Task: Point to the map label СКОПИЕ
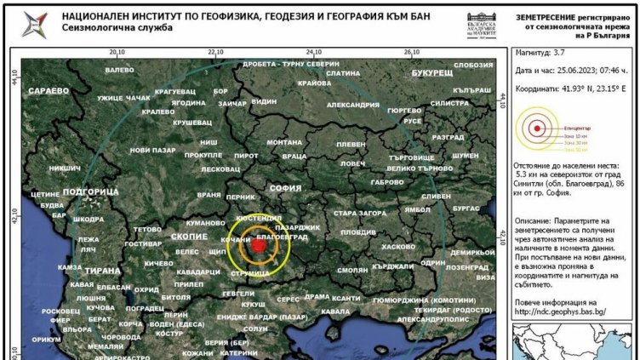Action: (189, 236)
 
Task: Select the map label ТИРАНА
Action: (103, 271)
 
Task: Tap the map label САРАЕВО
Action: (49, 89)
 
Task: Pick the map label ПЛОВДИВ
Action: (358, 232)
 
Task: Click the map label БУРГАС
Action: (466, 208)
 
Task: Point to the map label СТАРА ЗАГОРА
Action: (362, 213)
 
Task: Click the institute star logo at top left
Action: (36, 24)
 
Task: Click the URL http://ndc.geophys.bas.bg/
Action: (559, 311)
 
